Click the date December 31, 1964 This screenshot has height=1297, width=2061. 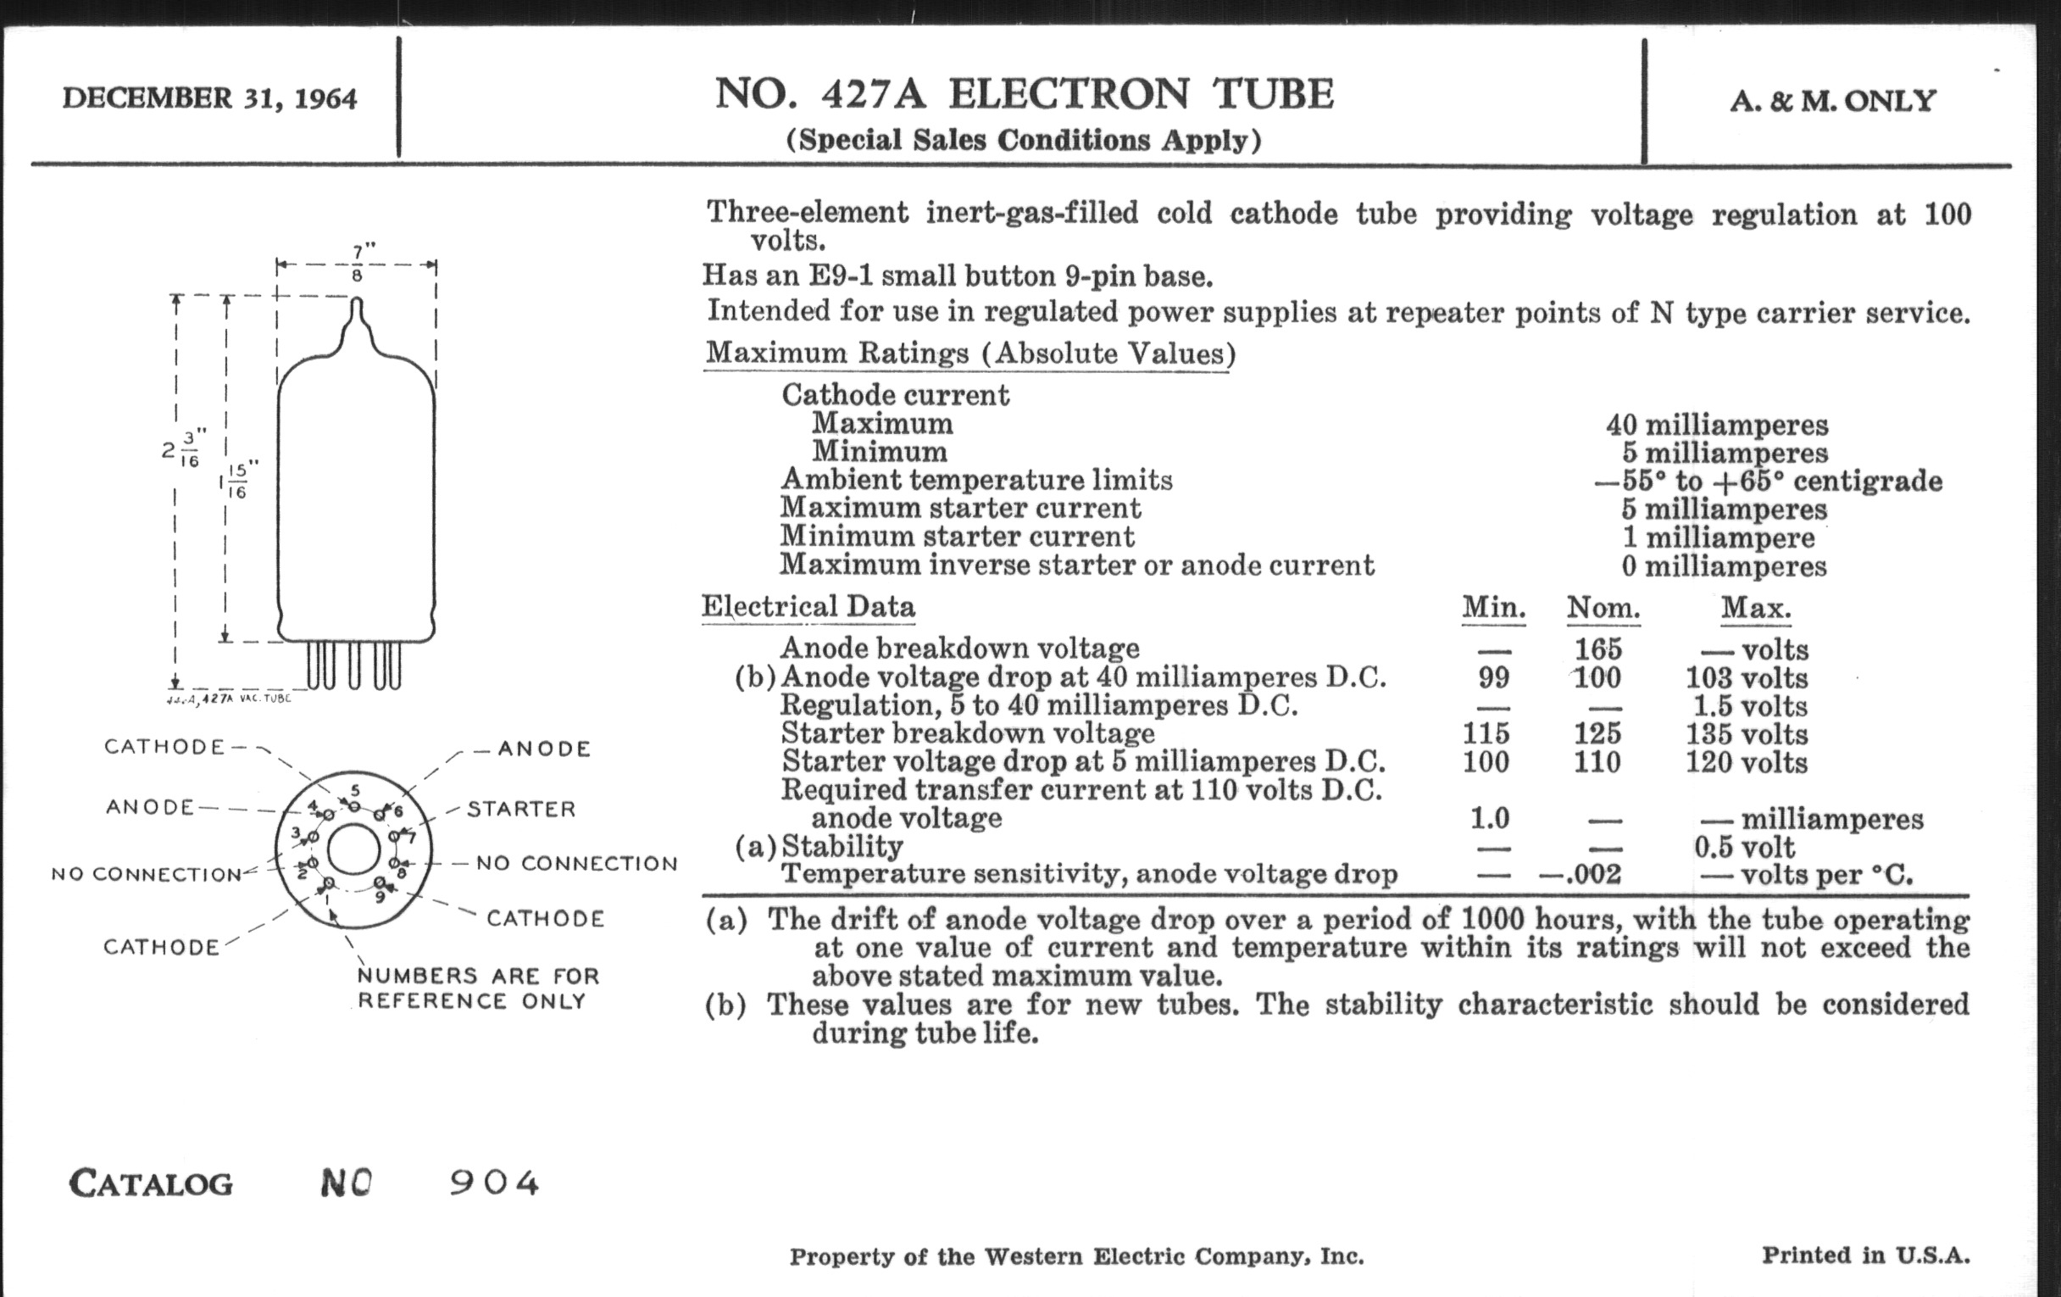209,98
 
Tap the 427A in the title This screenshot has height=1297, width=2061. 873,94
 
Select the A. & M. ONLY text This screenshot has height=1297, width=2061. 1832,102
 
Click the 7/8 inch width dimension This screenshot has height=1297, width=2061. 358,264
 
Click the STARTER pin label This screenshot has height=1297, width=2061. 521,809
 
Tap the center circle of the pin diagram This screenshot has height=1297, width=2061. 353,850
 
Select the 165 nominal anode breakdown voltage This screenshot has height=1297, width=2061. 1598,649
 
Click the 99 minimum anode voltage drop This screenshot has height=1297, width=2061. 1493,677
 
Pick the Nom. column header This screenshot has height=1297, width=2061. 1603,609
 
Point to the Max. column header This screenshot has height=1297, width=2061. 1755,609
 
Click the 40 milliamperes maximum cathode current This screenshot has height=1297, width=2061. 1716,425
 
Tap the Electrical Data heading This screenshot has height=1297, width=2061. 808,607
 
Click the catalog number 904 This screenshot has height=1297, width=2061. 495,1183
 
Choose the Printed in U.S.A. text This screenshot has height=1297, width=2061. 1865,1255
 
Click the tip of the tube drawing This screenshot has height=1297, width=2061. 357,302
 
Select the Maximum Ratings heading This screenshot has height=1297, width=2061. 969,353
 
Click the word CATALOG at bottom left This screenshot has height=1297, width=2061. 151,1184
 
